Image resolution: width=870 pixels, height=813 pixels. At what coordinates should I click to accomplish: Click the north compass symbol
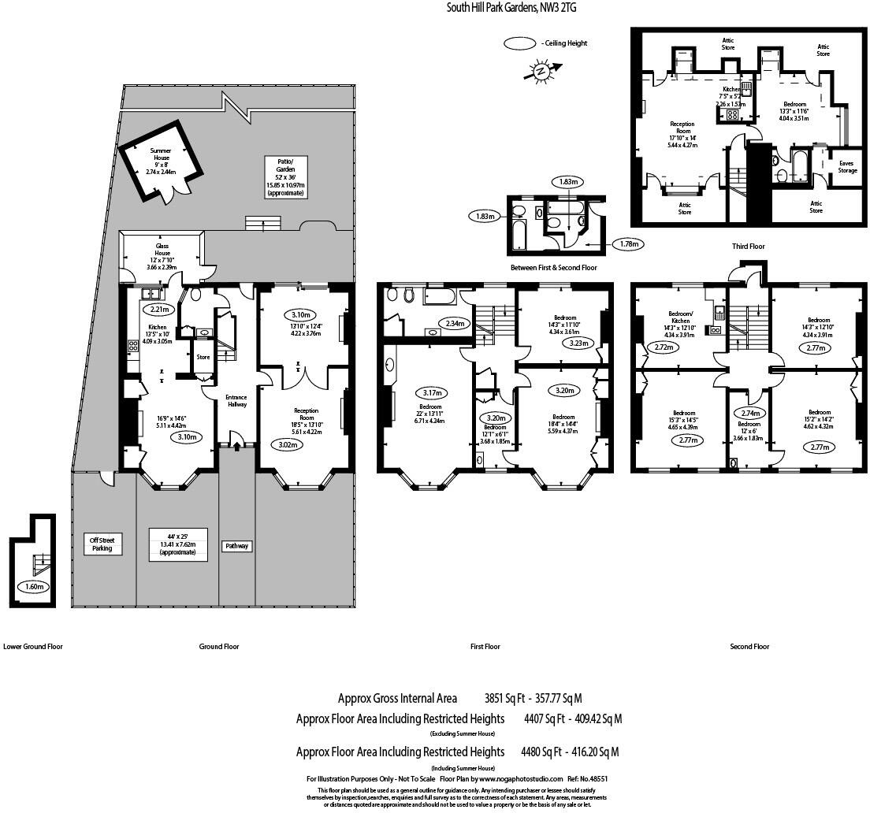click(x=541, y=72)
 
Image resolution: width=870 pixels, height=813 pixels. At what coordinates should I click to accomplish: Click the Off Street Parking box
click(x=102, y=544)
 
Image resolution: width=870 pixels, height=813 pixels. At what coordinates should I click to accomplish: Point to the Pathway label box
click(x=236, y=545)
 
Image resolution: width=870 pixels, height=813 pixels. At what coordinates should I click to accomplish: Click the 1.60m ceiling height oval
click(x=33, y=587)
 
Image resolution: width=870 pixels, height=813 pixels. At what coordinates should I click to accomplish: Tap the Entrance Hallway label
click(x=237, y=400)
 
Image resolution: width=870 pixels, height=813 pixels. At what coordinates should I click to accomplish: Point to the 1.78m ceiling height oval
click(x=628, y=244)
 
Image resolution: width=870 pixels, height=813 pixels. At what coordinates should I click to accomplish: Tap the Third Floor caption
click(x=748, y=247)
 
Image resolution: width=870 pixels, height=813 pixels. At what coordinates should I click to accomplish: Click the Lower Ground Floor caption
click(x=33, y=646)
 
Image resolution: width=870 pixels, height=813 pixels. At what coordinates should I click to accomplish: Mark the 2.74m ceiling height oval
click(x=749, y=413)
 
